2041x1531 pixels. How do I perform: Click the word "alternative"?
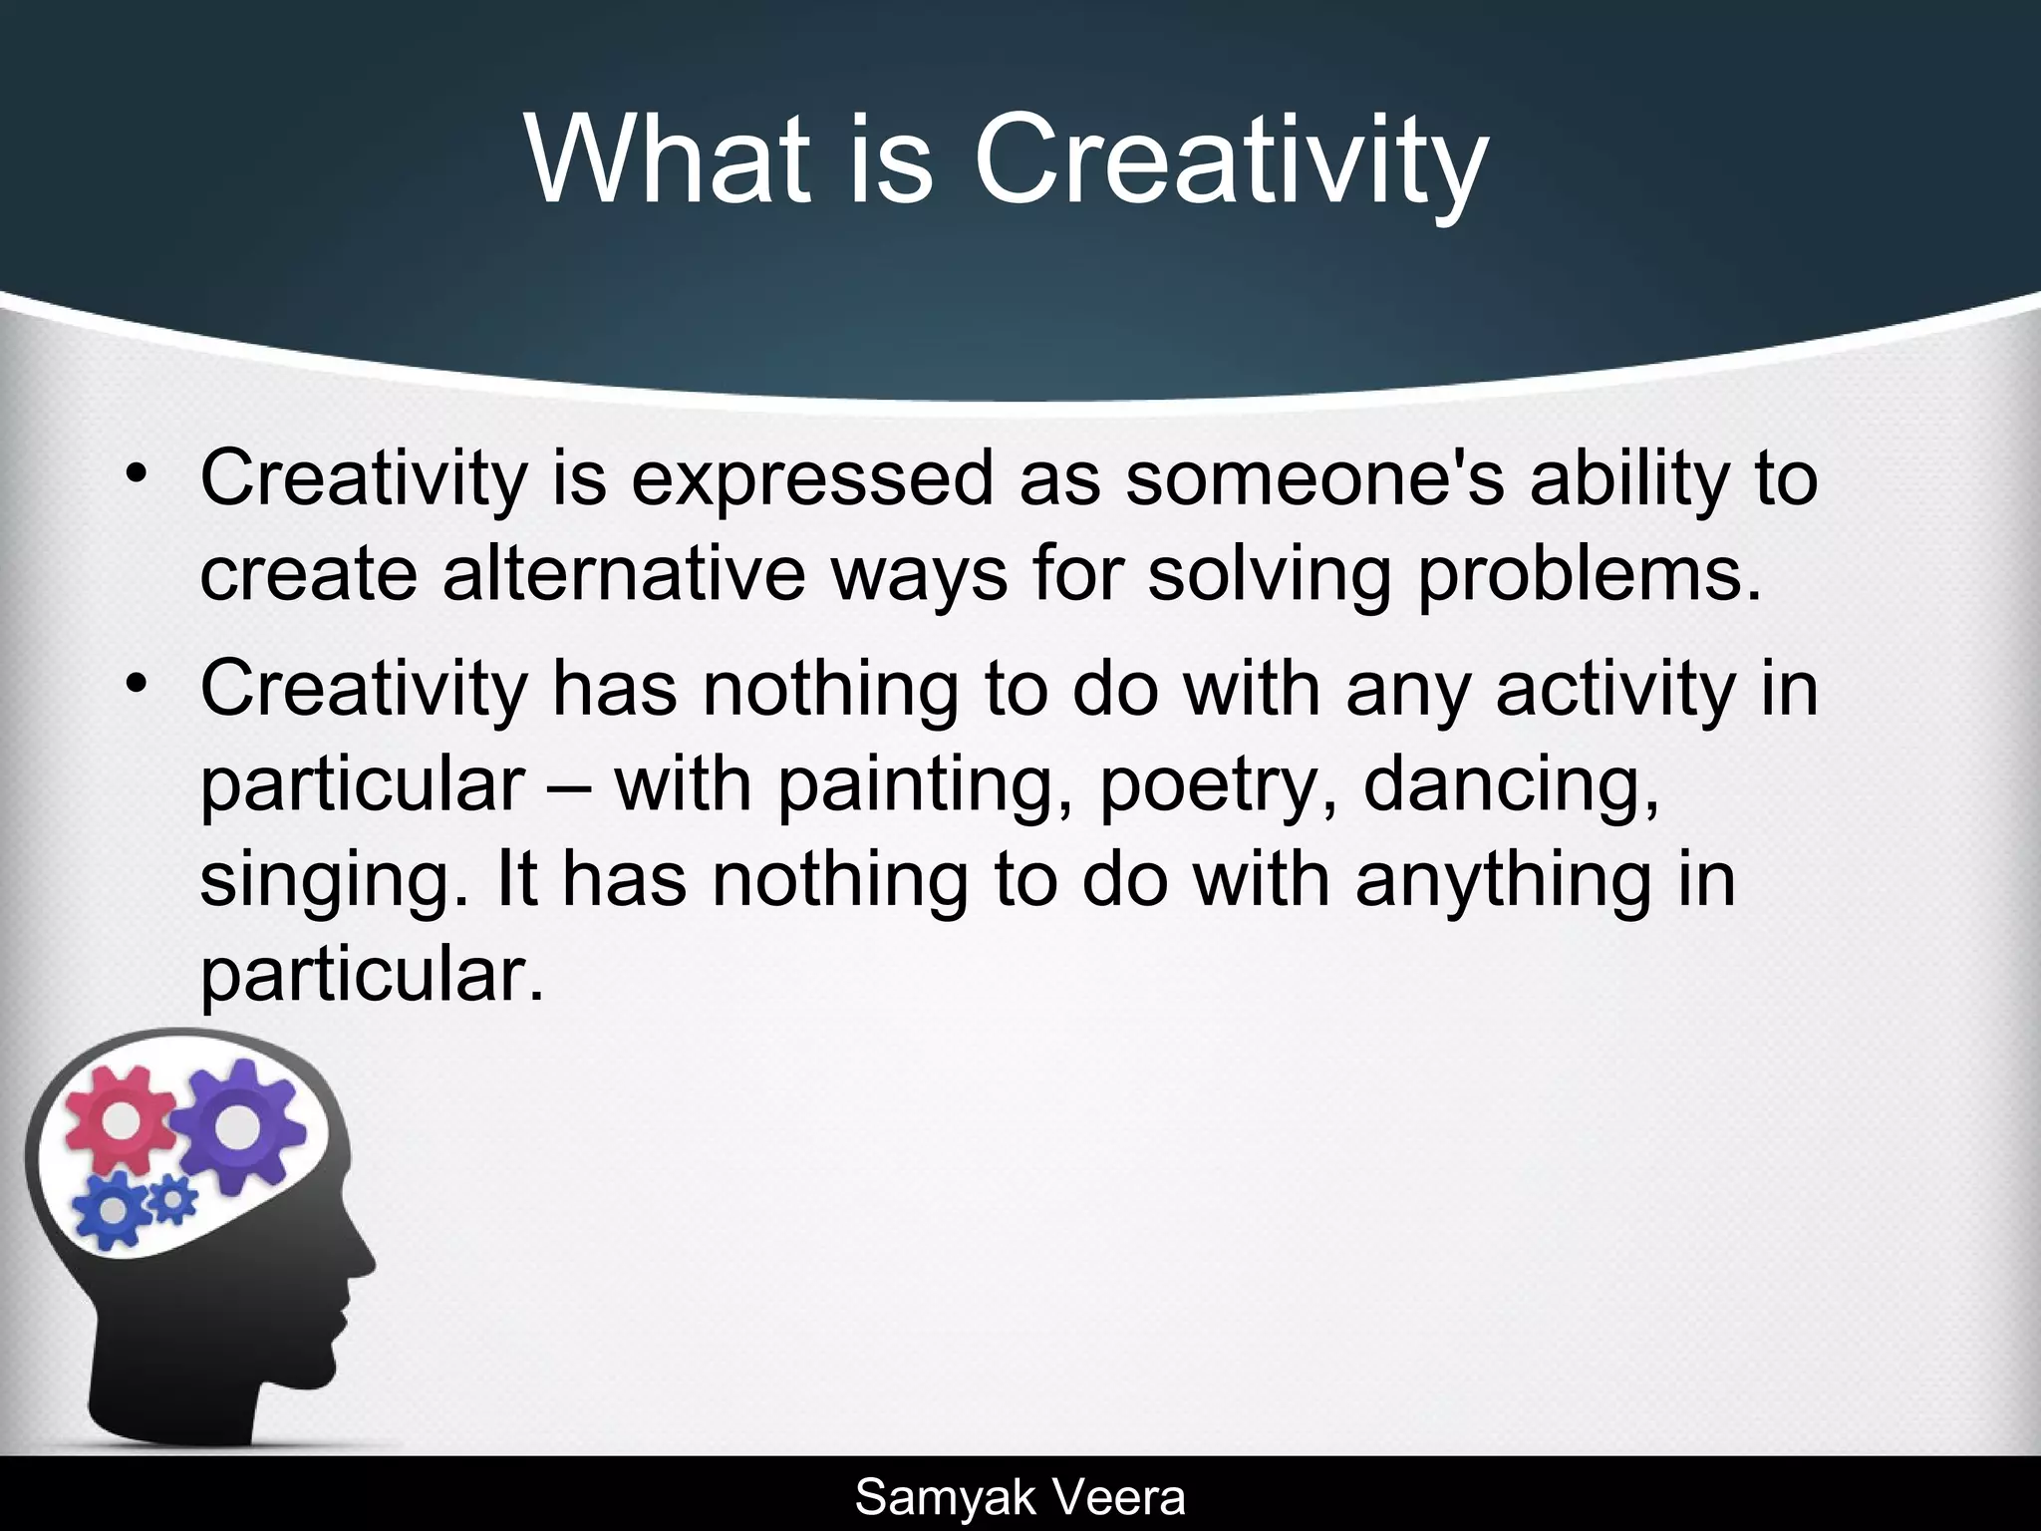click(x=623, y=575)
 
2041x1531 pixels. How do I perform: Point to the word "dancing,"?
click(x=1511, y=785)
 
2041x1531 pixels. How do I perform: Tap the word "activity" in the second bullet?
click(x=1615, y=690)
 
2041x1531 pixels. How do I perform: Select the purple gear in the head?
click(x=237, y=1126)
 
